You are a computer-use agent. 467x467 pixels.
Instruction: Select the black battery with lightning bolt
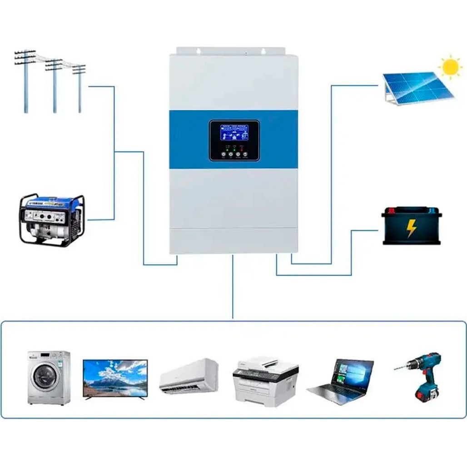point(411,226)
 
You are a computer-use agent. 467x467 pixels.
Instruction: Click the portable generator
point(51,220)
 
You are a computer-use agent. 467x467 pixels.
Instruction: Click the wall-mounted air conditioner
point(189,376)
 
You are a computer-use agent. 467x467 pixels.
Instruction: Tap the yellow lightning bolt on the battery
point(411,228)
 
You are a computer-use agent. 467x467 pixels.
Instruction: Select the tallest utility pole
point(26,82)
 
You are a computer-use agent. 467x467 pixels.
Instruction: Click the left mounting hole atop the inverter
point(198,50)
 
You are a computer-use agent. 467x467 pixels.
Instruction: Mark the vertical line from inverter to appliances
point(233,286)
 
